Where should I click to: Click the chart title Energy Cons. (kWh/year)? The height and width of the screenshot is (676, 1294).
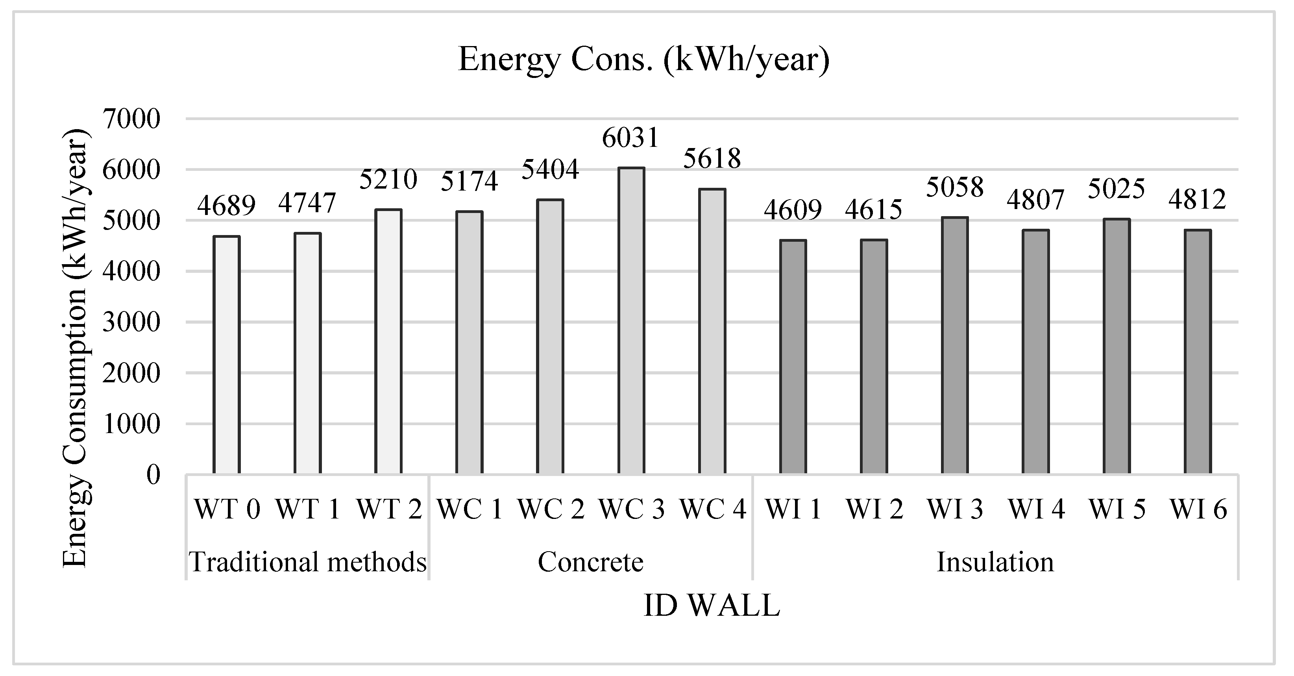coord(643,60)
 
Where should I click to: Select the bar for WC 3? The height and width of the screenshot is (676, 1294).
coord(631,322)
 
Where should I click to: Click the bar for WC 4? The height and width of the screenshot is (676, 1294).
coord(712,332)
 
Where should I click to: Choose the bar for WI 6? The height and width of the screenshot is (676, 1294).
coord(1198,352)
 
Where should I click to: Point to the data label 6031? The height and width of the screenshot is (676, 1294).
coord(630,138)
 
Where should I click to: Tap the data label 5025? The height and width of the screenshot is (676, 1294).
coord(1116,189)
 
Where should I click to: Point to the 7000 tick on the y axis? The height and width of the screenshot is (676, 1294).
coord(131,120)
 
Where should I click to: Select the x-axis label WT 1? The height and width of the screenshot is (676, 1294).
coord(307,509)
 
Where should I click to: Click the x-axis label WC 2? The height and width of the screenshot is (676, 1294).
coord(551,509)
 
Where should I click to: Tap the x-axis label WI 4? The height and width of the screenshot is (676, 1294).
coord(1036,509)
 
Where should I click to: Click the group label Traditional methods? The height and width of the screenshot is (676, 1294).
coord(307,562)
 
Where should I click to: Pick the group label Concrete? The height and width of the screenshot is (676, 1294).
coord(590,562)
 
